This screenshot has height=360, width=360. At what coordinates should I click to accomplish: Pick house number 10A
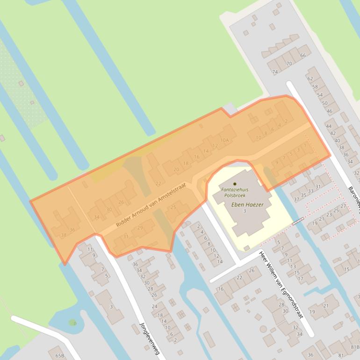(x=224, y=140)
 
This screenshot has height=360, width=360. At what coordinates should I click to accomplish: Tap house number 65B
(x=59, y=355)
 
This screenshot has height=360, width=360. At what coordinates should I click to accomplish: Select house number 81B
(x=354, y=347)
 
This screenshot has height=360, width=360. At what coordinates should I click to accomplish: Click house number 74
(x=275, y=72)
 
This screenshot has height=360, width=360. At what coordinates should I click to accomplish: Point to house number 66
(x=302, y=56)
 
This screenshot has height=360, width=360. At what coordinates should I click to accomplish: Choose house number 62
(x=310, y=79)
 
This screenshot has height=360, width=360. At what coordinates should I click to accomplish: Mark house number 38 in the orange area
(x=64, y=235)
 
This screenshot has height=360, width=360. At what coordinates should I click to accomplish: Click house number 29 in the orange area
(x=139, y=228)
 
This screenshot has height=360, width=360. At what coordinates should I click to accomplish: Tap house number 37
(x=296, y=199)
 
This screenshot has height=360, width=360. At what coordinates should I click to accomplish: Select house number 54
(x=320, y=95)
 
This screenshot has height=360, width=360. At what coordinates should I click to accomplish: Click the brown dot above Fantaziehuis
(x=235, y=184)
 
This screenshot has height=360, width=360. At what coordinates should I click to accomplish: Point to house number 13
(x=293, y=266)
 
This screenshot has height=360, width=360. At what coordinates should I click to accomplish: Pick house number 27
(x=343, y=206)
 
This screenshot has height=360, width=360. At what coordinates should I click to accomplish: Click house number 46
(x=330, y=111)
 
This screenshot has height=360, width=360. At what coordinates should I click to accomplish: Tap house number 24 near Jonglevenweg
(x=154, y=306)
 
